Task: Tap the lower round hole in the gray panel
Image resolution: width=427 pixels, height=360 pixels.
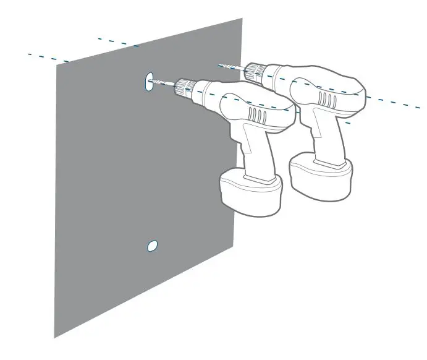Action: [151, 246]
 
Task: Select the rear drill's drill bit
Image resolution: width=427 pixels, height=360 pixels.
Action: [232, 66]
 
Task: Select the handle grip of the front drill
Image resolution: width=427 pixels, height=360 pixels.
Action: [257, 152]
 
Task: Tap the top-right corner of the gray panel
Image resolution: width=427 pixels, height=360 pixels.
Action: [242, 19]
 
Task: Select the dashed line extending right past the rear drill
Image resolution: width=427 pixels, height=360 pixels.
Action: [395, 103]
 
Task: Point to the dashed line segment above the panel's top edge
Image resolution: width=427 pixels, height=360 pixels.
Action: [117, 42]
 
